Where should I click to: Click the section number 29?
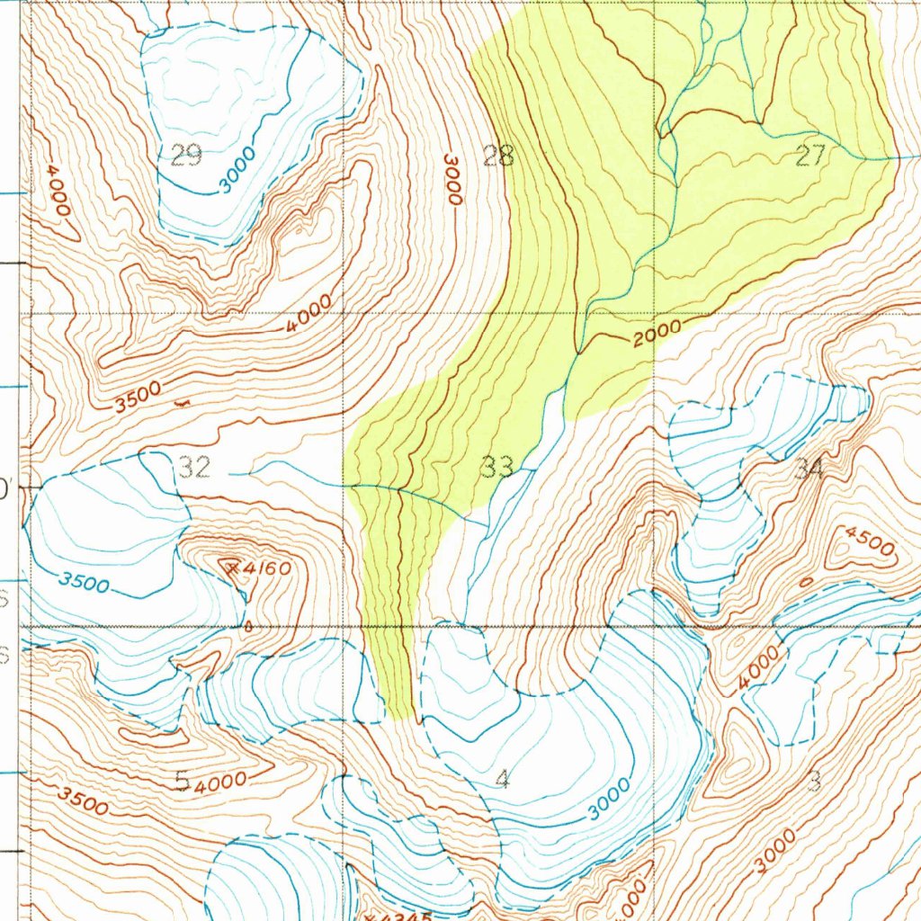(x=184, y=156)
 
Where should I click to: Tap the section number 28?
(x=498, y=156)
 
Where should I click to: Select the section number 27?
(x=810, y=156)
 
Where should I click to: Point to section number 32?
(x=195, y=467)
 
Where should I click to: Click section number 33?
(x=497, y=467)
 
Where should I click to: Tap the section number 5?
(x=182, y=782)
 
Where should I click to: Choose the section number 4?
(x=502, y=779)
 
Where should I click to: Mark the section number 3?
(x=814, y=781)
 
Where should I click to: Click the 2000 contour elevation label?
(x=657, y=335)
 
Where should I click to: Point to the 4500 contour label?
(x=870, y=544)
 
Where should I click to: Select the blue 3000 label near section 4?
(x=610, y=799)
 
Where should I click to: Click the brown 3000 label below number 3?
(x=776, y=850)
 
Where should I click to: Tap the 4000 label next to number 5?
(x=219, y=782)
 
